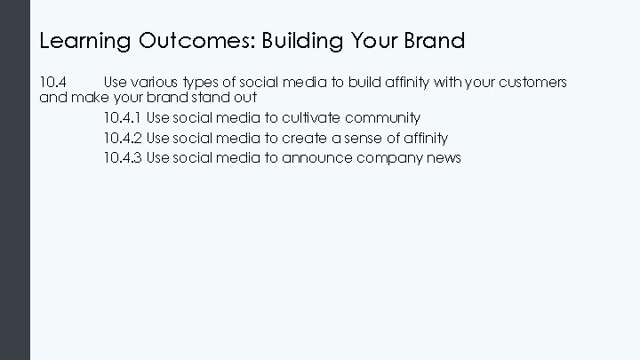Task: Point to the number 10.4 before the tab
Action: click(x=53, y=83)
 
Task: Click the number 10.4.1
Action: click(x=123, y=117)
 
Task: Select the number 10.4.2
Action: click(x=123, y=138)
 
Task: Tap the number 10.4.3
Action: click(x=123, y=158)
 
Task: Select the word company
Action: click(x=390, y=158)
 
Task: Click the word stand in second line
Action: click(x=207, y=98)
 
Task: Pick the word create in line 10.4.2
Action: click(x=307, y=138)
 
